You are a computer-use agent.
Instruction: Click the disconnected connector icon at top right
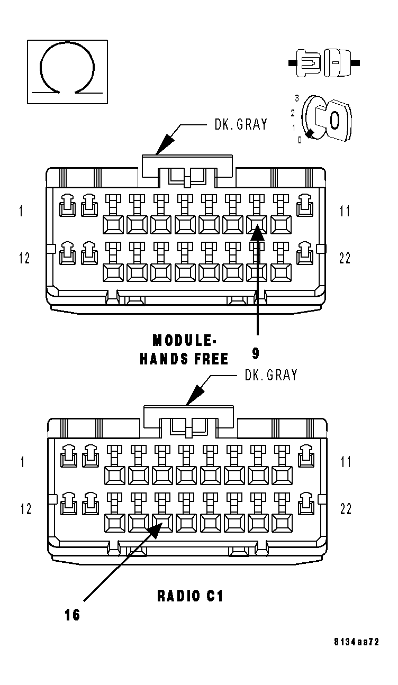pyautogui.click(x=324, y=63)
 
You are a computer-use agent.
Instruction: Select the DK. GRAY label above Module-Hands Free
pyautogui.click(x=241, y=125)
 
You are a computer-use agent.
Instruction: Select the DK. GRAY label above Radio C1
pyautogui.click(x=270, y=375)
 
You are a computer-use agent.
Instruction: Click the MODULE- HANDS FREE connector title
pyautogui.click(x=184, y=350)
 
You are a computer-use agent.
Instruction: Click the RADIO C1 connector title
pyautogui.click(x=190, y=596)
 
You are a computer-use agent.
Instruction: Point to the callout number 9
pyautogui.click(x=256, y=353)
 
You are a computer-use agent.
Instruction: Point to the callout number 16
pyautogui.click(x=73, y=615)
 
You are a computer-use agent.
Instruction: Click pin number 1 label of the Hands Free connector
pyautogui.click(x=21, y=212)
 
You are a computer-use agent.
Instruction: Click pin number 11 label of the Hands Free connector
pyautogui.click(x=345, y=212)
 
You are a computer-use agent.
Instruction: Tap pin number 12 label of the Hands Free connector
pyautogui.click(x=24, y=258)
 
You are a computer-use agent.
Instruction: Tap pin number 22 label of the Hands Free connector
pyautogui.click(x=345, y=258)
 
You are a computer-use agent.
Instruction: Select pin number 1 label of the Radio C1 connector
pyautogui.click(x=22, y=462)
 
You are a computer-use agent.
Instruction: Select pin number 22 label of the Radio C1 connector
pyautogui.click(x=346, y=509)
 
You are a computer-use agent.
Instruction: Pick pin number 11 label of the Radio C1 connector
pyautogui.click(x=346, y=462)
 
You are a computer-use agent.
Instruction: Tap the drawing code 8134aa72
pyautogui.click(x=356, y=642)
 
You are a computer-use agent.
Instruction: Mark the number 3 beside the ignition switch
pyautogui.click(x=297, y=98)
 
